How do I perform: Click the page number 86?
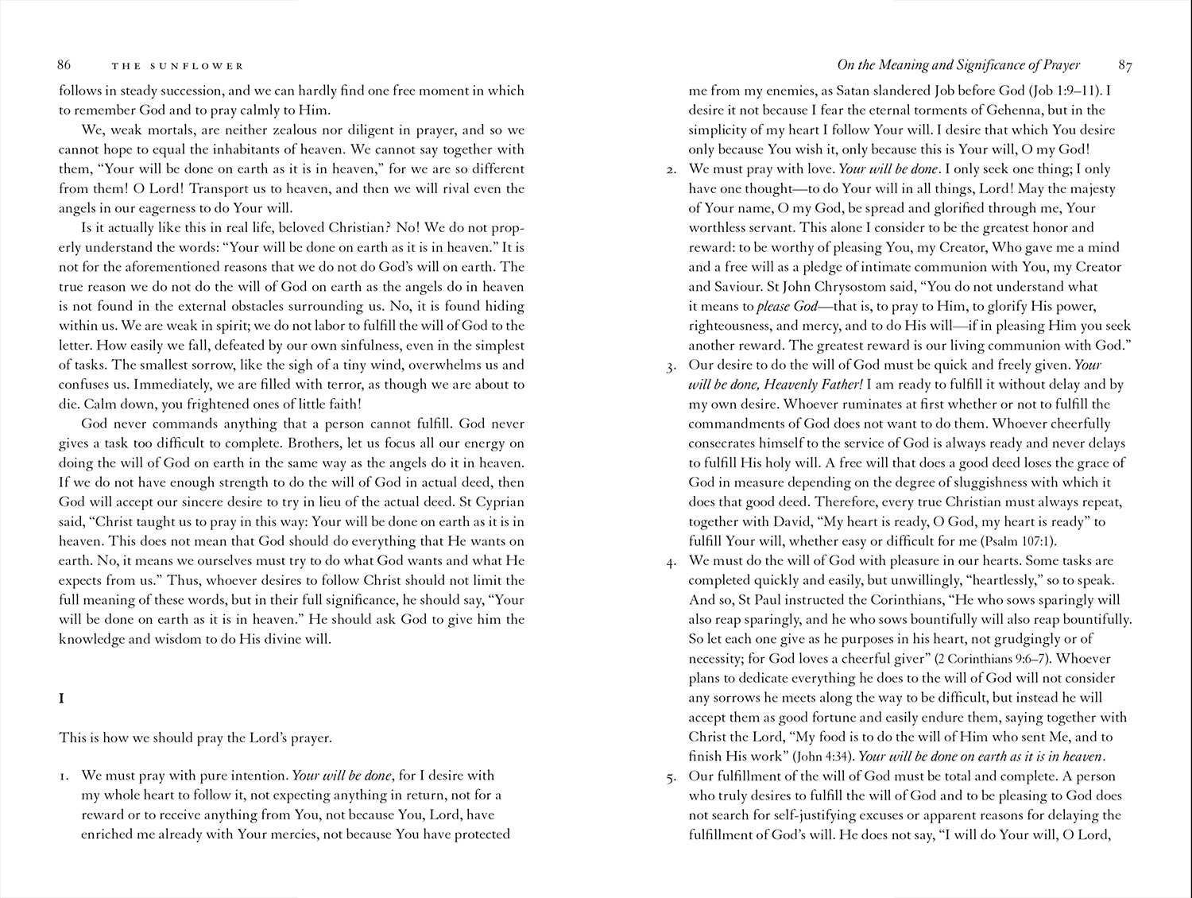65,65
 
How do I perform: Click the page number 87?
1124,65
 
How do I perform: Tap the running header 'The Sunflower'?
177,66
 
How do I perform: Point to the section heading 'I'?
62,699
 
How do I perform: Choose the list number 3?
671,366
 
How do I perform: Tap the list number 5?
671,777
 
